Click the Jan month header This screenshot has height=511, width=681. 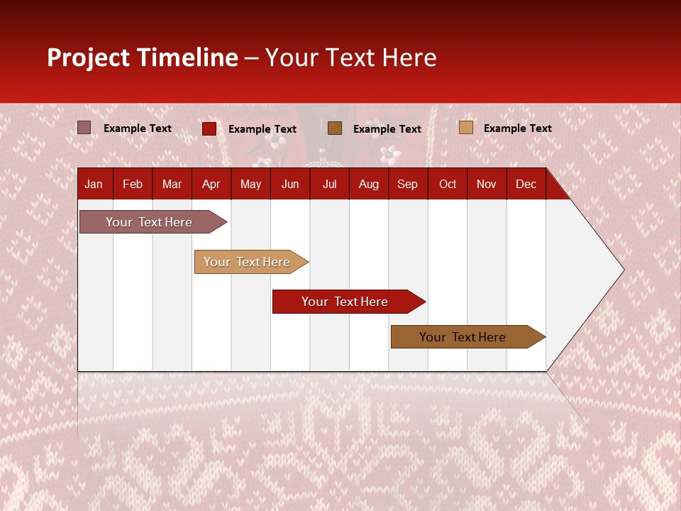tap(94, 184)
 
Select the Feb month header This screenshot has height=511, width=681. tap(133, 184)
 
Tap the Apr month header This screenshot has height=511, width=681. tap(211, 184)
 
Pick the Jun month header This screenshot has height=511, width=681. tap(290, 184)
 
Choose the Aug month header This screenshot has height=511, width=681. tap(368, 184)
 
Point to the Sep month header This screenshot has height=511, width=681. tap(407, 184)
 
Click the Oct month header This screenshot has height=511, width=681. tap(448, 184)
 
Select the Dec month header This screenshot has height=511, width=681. tap(526, 184)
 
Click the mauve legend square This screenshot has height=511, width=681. tap(84, 128)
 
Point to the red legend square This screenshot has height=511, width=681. tap(209, 128)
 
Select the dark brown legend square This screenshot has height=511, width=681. tap(335, 128)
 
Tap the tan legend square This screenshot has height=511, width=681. tap(466, 128)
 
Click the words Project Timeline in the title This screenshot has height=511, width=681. tap(143, 57)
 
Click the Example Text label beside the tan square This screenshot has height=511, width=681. tap(517, 128)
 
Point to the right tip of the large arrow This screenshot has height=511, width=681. tap(622, 270)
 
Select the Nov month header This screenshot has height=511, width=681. tap(487, 184)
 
